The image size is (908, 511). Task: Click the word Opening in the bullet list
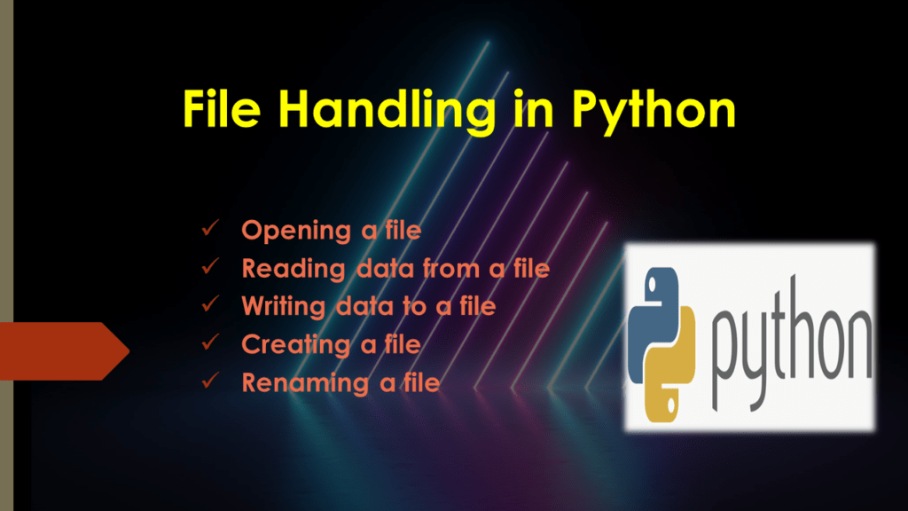point(296,232)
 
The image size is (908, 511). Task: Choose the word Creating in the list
point(296,345)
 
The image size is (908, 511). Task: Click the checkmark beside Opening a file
point(211,231)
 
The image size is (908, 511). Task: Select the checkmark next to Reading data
point(211,268)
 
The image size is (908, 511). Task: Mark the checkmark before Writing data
point(211,306)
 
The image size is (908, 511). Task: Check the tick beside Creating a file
point(211,344)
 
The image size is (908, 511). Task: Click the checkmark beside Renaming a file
point(211,382)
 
